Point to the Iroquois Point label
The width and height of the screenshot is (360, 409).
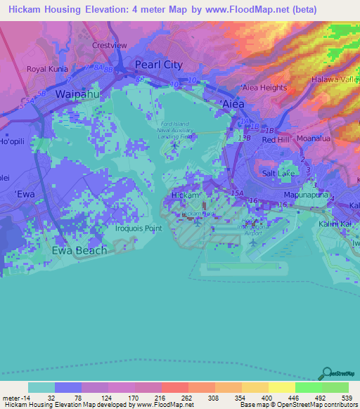point(139,228)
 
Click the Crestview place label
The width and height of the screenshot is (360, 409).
point(109,45)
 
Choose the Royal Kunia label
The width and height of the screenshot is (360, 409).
point(46,69)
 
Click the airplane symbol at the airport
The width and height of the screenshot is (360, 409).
point(252,242)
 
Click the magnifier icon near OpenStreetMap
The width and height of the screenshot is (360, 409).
point(326,374)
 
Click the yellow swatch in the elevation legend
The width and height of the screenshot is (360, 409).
point(281,387)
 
